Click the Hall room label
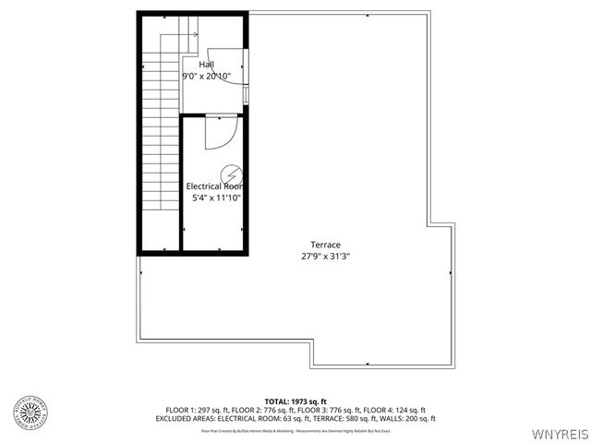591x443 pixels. click(x=207, y=64)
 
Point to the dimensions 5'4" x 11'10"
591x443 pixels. click(x=216, y=198)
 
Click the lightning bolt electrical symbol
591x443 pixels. click(x=230, y=173)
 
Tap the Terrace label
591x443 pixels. click(x=320, y=245)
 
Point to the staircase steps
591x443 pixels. click(x=153, y=138)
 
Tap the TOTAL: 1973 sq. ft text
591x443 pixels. click(x=296, y=401)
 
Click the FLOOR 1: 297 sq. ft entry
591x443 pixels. click(x=196, y=410)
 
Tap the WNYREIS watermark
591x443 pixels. click(x=559, y=432)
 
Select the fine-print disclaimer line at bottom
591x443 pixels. click(x=295, y=431)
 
